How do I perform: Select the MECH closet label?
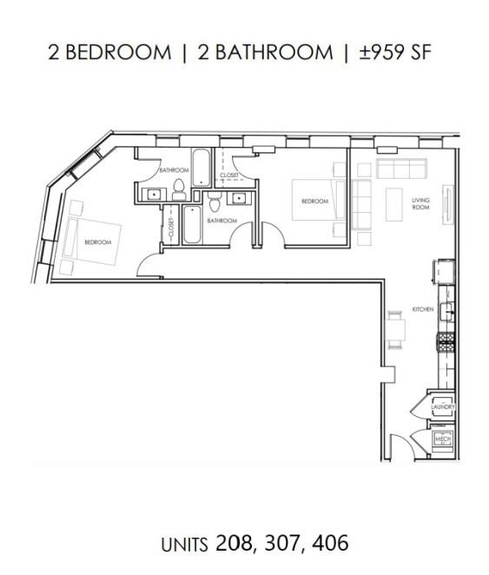443,440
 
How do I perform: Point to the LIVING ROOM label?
421,204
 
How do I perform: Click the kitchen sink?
447,312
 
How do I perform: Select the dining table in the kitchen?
395,328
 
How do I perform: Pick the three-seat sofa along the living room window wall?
400,168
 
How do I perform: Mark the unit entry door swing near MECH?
398,446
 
